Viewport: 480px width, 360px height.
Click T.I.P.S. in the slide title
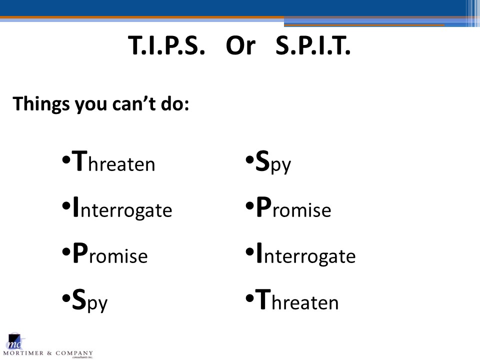point(166,45)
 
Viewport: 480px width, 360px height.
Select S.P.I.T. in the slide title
point(313,45)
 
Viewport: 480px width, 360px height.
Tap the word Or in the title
point(240,46)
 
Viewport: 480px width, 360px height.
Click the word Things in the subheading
point(41,104)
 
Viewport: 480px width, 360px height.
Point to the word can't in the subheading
point(134,103)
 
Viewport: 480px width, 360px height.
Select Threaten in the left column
point(113,161)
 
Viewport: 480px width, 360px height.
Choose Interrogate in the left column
point(122,208)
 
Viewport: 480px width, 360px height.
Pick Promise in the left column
point(110,253)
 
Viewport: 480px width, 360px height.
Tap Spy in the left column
point(89,300)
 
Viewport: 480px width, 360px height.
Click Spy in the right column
point(273,162)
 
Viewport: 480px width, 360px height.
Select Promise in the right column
point(293,207)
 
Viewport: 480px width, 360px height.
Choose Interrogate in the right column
point(306,254)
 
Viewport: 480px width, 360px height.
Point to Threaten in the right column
point(297,299)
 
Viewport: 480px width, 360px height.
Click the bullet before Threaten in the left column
point(66,160)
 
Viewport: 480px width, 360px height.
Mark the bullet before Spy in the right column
point(250,159)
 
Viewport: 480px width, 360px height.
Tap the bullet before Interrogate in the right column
point(250,252)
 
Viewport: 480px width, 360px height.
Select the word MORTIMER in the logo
point(23,353)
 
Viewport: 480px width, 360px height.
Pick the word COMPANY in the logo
point(74,353)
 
